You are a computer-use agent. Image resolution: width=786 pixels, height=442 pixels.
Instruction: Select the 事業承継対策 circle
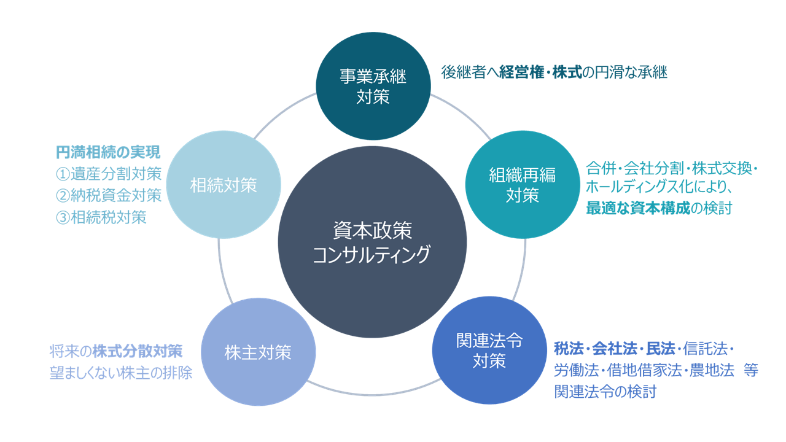[x=373, y=86]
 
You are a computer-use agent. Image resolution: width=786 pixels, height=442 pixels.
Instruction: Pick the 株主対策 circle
[x=258, y=352]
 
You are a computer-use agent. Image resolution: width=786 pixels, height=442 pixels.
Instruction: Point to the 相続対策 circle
[x=224, y=185]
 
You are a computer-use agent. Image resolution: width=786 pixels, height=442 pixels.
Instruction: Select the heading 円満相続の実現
[x=108, y=151]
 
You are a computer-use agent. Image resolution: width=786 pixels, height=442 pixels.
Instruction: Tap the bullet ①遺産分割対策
[x=108, y=173]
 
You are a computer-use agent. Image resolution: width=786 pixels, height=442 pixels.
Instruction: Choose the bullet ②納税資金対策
[x=108, y=195]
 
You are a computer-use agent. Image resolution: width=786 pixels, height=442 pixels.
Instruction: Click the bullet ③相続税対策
[x=101, y=217]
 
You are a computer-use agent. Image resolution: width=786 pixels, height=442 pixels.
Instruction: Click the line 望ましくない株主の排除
[x=121, y=373]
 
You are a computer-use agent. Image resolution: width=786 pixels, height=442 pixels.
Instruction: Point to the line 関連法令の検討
[x=605, y=392]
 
